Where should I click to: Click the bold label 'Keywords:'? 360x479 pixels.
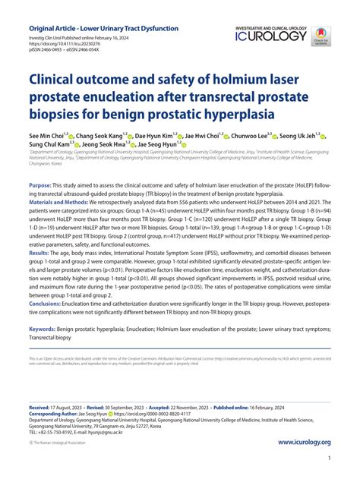(x=45, y=329)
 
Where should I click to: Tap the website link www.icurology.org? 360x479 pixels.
(x=305, y=442)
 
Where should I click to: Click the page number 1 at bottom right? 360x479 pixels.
(x=328, y=460)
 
